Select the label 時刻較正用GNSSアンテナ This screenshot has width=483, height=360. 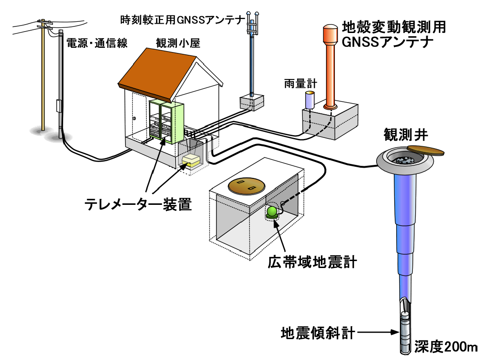point(182,20)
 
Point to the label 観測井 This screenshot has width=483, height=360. point(402,136)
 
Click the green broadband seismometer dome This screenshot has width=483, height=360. point(272,212)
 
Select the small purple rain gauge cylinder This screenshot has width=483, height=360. point(309,100)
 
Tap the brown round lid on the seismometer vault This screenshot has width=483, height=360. point(246,186)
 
